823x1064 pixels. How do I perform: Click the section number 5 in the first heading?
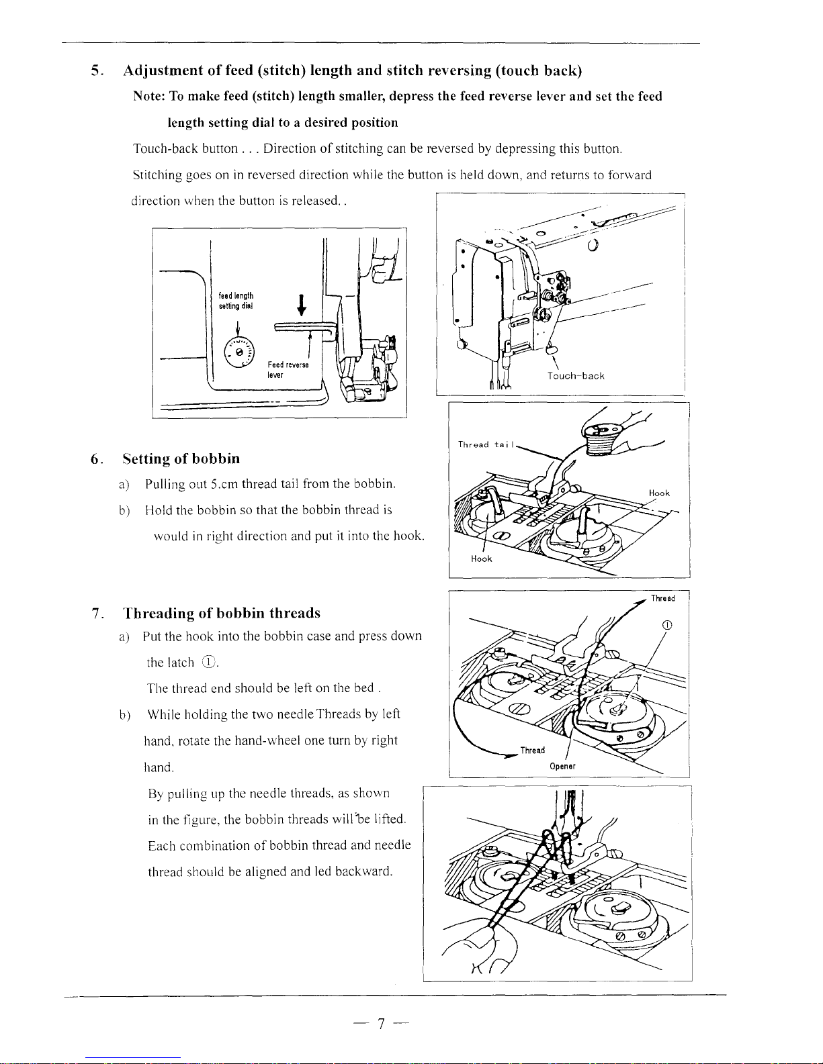tap(95, 71)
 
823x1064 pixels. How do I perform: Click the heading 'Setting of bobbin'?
tap(181, 459)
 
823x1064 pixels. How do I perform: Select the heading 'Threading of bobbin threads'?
tap(222, 614)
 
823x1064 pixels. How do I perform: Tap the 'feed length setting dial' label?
tap(236, 301)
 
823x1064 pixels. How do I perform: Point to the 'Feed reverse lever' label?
tap(288, 369)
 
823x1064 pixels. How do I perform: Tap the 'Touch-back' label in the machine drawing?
tap(576, 376)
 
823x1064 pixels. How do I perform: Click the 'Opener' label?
tap(562, 766)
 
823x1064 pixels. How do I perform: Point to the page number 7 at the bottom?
tap(380, 1024)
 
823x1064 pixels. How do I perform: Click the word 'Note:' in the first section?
tap(149, 97)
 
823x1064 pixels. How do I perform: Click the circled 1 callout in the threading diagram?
tap(667, 626)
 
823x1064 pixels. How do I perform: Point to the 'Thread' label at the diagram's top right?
tap(662, 598)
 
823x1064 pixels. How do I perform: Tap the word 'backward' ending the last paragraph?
tap(363, 871)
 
